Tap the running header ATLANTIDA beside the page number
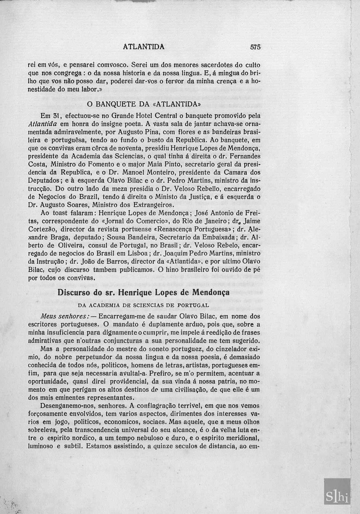click(x=144, y=47)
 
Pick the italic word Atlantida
click(x=42, y=124)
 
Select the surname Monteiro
click(x=157, y=172)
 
